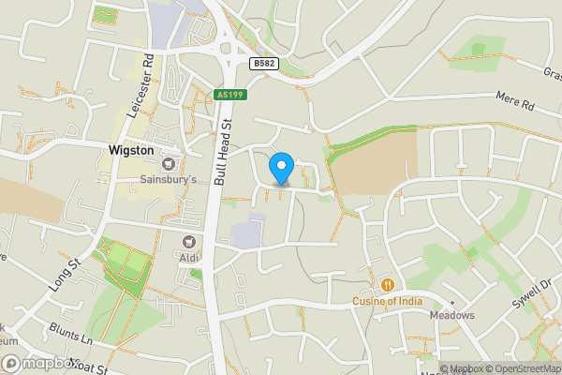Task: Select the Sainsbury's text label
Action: pyautogui.click(x=169, y=177)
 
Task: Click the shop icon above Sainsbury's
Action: pyautogui.click(x=170, y=161)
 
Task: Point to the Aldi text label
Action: pyautogui.click(x=190, y=256)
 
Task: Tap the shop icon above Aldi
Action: pyautogui.click(x=190, y=241)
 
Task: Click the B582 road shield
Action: pyautogui.click(x=264, y=62)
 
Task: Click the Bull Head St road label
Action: pyautogui.click(x=222, y=150)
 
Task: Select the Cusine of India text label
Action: pyautogui.click(x=387, y=301)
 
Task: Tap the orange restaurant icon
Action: pyautogui.click(x=386, y=284)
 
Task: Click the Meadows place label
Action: pyautogui.click(x=453, y=315)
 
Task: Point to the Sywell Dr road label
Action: pyautogui.click(x=535, y=296)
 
